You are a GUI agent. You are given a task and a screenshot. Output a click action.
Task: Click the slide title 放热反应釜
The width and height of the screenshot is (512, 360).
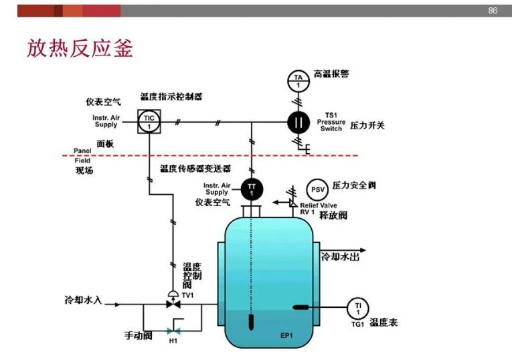(x=80, y=48)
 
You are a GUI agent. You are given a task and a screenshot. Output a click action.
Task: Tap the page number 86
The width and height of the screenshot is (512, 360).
(x=493, y=11)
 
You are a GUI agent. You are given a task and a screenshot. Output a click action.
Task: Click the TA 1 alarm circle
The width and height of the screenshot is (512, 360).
(x=298, y=80)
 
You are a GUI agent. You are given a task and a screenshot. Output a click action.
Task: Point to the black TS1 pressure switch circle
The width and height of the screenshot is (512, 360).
(x=298, y=122)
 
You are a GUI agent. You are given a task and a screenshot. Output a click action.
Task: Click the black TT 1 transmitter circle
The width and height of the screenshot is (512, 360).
(x=252, y=188)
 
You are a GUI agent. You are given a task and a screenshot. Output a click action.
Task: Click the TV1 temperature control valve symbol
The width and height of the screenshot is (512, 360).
(x=173, y=302)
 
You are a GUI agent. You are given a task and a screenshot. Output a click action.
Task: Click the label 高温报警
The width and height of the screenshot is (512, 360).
(x=331, y=74)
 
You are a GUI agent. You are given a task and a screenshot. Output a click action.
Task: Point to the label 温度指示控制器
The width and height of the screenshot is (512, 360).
(x=171, y=97)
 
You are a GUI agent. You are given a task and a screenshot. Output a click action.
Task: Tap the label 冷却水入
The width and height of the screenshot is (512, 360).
(x=83, y=300)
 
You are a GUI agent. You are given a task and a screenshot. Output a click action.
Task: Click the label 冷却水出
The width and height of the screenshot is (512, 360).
(x=341, y=256)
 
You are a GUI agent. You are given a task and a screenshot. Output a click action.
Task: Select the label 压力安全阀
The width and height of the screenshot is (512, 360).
(x=354, y=185)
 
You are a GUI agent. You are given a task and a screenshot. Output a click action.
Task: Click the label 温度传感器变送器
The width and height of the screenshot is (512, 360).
(x=195, y=168)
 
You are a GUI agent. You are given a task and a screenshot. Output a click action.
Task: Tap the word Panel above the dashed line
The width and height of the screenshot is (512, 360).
(x=82, y=151)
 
